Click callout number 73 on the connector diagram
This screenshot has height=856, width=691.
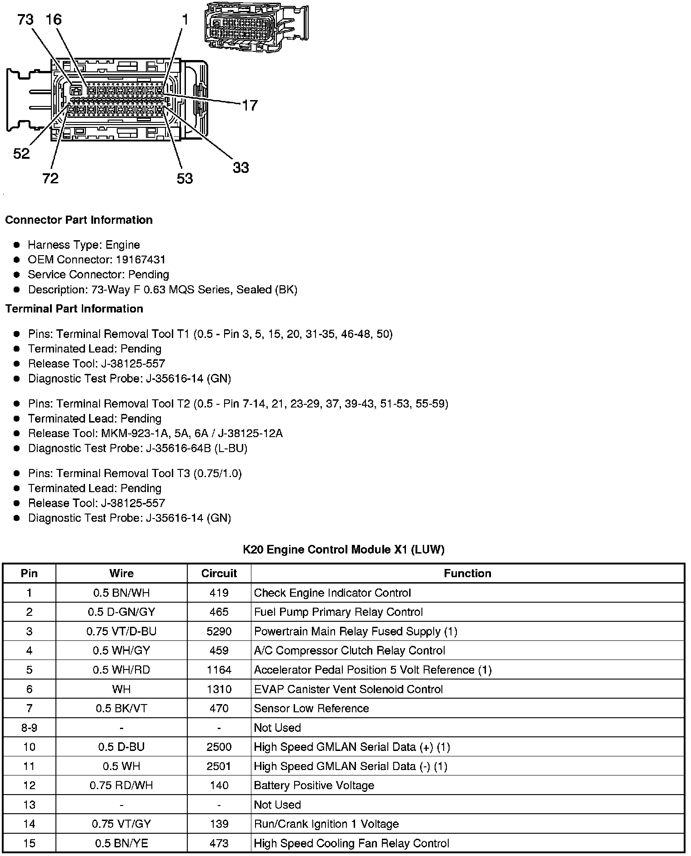25,20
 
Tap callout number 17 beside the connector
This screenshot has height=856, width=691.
250,106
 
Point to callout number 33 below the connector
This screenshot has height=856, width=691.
241,168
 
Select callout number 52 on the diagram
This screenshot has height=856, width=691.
21,154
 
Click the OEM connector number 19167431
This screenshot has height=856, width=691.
141,260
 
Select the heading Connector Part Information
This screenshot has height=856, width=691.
79,220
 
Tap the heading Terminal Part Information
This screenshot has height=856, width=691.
74,309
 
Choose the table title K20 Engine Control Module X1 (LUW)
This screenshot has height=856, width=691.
343,549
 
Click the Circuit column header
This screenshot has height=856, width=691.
219,574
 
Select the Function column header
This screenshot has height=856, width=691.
467,574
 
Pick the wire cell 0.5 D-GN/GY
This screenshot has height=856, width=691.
121,612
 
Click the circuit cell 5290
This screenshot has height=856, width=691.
219,631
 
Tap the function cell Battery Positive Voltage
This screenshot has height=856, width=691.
314,786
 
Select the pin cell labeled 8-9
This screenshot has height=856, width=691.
30,728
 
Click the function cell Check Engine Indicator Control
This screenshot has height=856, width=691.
332,593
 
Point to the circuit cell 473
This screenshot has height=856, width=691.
219,843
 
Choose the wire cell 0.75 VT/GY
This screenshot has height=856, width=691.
121,824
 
